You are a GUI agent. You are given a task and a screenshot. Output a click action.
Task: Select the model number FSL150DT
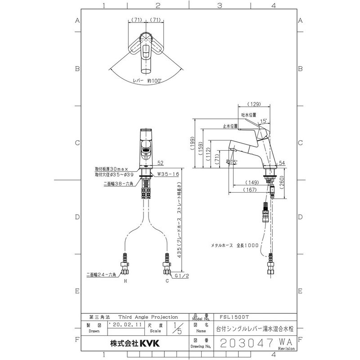coord(234,317)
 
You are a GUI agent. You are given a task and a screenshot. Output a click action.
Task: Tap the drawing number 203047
coord(249,343)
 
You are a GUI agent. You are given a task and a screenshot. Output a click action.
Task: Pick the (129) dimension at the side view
coord(255,104)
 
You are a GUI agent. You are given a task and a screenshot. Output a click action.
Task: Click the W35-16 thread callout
coord(168,173)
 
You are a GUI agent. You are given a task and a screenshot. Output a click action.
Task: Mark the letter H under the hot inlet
coord(126,281)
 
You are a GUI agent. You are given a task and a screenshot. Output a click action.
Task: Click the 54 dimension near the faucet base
coord(282,162)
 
